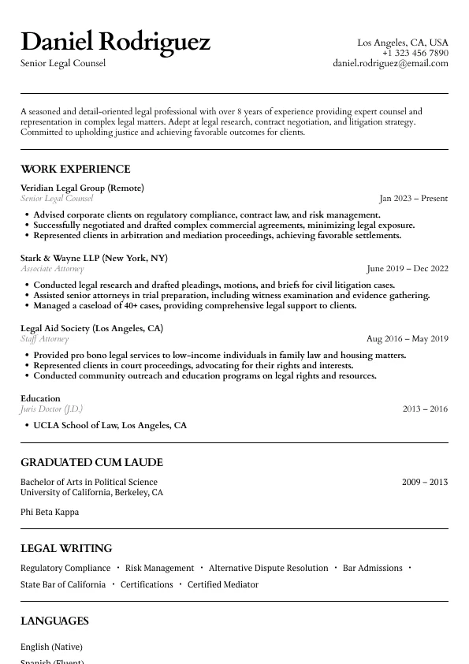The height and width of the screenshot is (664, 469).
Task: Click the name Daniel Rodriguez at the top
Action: pos(115,41)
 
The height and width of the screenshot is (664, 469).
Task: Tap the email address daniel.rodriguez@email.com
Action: pos(390,63)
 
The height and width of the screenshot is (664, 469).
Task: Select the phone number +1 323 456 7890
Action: pos(415,53)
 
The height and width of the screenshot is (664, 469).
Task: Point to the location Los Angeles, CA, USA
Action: pos(402,43)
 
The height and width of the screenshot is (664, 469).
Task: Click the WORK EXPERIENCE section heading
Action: pos(76,169)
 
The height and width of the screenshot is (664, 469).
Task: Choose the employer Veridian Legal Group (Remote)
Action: pos(82,188)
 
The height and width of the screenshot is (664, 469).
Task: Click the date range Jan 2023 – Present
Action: pos(413,199)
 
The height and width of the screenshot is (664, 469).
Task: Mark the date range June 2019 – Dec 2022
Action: pos(407,269)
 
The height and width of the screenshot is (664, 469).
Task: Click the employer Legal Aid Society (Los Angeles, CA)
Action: pos(91,328)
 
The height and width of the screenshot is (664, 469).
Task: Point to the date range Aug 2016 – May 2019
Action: pos(407,339)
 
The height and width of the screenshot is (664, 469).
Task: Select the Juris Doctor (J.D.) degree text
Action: pos(51,409)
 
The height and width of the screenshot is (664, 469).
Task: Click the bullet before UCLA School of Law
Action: pos(27,426)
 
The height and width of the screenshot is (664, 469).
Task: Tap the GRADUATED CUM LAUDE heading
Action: pos(91,462)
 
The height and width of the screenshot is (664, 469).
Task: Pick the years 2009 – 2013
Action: pos(424,482)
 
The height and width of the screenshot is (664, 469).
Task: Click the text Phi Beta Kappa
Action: pos(50,512)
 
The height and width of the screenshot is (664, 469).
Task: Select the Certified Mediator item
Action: pos(223,584)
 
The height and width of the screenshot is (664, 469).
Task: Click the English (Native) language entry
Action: pos(51,647)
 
